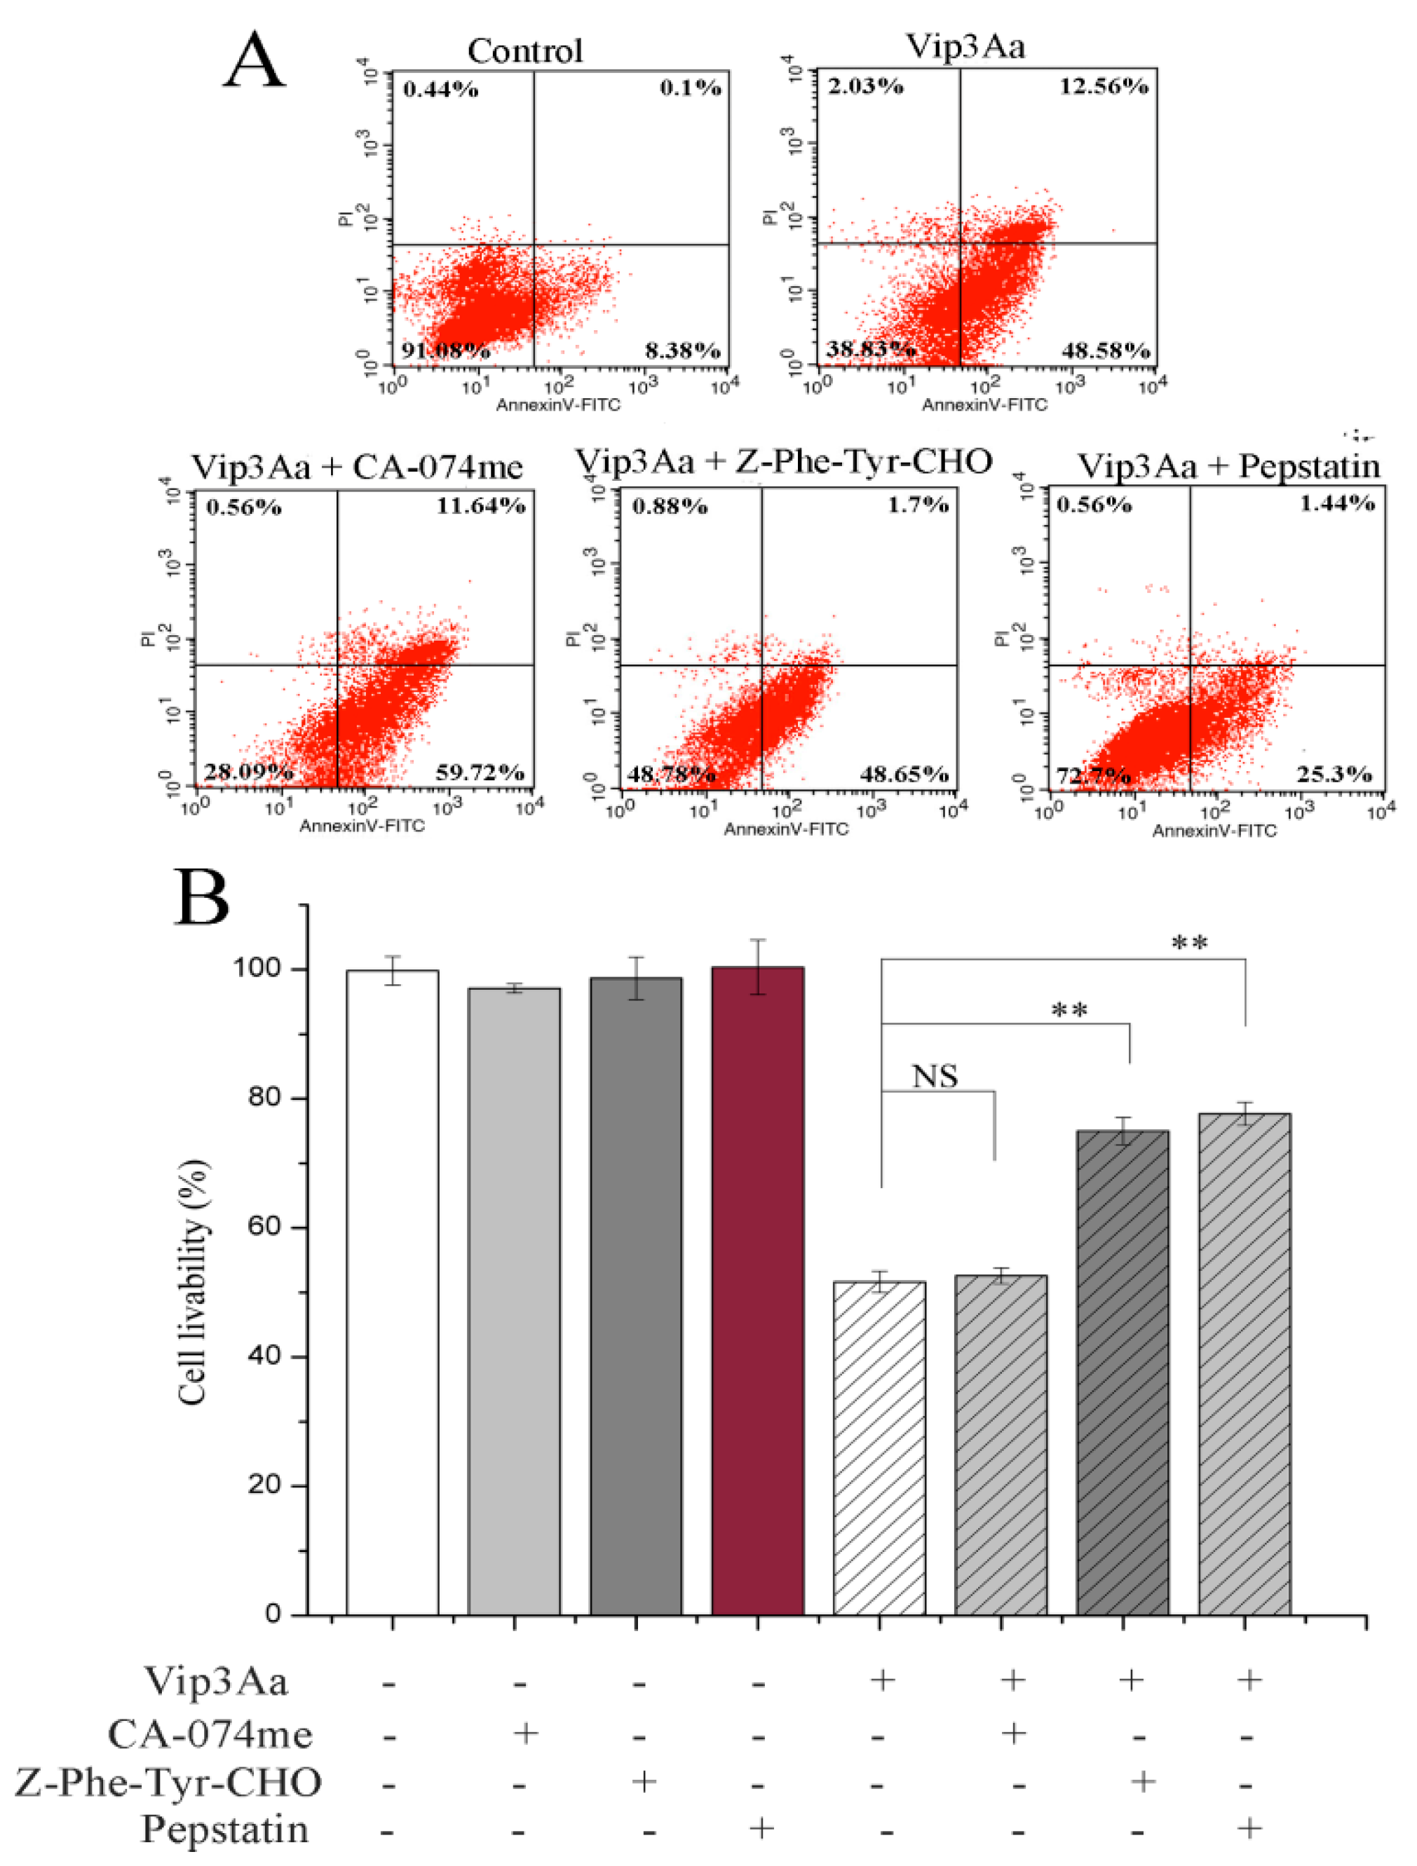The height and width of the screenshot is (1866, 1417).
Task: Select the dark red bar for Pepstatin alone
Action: (x=757, y=1290)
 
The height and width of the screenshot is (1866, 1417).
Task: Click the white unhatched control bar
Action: (x=392, y=1291)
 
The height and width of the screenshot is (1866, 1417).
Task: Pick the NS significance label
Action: (x=935, y=1077)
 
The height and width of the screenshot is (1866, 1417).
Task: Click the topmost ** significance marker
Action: (x=1190, y=943)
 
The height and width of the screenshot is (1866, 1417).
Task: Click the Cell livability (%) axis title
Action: (x=194, y=1283)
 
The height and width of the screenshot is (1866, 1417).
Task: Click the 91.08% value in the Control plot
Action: (x=445, y=350)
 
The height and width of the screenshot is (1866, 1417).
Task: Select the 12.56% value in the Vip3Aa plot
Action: (x=1104, y=86)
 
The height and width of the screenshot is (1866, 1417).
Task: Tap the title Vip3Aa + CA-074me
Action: (x=357, y=467)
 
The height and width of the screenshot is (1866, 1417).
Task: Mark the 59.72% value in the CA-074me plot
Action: (x=480, y=772)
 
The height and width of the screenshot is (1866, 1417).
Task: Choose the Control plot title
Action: (x=525, y=51)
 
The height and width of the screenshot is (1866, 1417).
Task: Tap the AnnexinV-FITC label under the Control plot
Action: (x=558, y=405)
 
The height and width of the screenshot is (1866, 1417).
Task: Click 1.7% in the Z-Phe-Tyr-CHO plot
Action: (x=917, y=505)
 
